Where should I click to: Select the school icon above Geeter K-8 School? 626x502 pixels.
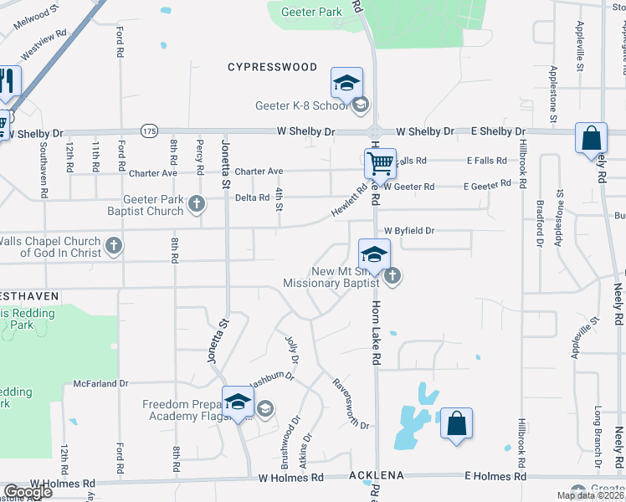click(346, 83)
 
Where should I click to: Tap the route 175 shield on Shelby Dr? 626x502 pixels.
click(149, 131)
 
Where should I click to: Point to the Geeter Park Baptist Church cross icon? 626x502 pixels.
click(196, 202)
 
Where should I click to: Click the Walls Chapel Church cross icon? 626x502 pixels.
click(114, 246)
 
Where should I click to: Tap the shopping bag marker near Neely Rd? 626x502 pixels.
click(591, 138)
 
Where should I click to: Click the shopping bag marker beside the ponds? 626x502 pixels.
click(457, 423)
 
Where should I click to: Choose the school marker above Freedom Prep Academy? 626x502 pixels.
click(238, 401)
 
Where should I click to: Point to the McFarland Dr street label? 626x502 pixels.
click(100, 383)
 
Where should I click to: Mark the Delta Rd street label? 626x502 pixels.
click(252, 198)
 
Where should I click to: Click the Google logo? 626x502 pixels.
click(28, 491)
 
